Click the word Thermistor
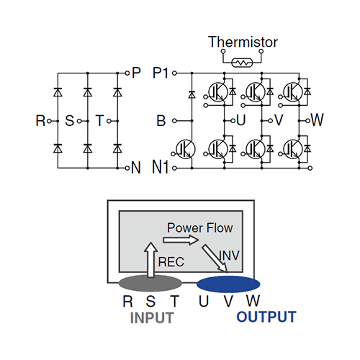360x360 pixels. pyautogui.click(x=243, y=42)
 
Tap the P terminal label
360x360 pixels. pyautogui.click(x=136, y=73)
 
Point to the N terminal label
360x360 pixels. pyautogui.click(x=136, y=168)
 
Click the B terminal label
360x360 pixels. pyautogui.click(x=161, y=120)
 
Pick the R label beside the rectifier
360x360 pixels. pyautogui.click(x=40, y=120)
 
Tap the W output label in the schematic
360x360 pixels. pyautogui.click(x=317, y=120)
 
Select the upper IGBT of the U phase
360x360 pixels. pyautogui.click(x=217, y=91)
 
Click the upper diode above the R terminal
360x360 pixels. pyautogui.click(x=57, y=92)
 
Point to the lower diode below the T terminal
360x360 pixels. pyautogui.click(x=117, y=148)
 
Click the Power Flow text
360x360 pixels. pyautogui.click(x=199, y=228)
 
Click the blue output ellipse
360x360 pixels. pyautogui.click(x=228, y=282)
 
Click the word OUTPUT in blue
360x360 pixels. pyautogui.click(x=266, y=318)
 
